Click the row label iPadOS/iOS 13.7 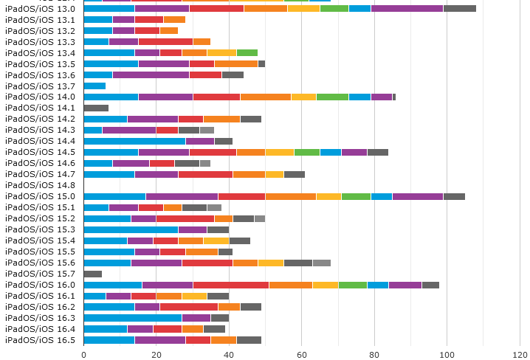pyautogui.click(x=40, y=86)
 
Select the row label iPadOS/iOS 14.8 pyautogui.click(x=40, y=185)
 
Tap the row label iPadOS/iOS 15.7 pyautogui.click(x=40, y=274)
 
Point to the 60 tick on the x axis pyautogui.click(x=302, y=354)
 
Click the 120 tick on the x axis pyautogui.click(x=520, y=354)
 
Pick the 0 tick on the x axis pyautogui.click(x=84, y=354)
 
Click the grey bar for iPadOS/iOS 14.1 pyautogui.click(x=96, y=108)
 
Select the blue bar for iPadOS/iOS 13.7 pyautogui.click(x=94, y=86)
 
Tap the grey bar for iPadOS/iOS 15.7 pyautogui.click(x=93, y=274)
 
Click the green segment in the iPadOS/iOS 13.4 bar pyautogui.click(x=247, y=52)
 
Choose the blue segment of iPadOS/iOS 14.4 pyautogui.click(x=134, y=141)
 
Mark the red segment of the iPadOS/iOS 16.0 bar pyautogui.click(x=231, y=285)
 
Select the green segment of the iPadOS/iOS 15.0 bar pyautogui.click(x=356, y=196)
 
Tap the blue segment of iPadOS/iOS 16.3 pyautogui.click(x=133, y=318)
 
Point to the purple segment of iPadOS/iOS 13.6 pyautogui.click(x=151, y=75)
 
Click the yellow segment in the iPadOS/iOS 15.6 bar pyautogui.click(x=270, y=263)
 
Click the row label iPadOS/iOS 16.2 pyautogui.click(x=40, y=307)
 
